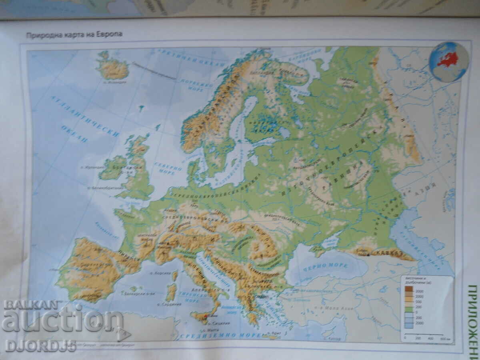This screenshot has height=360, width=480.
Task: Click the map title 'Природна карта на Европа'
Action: pos(74,34)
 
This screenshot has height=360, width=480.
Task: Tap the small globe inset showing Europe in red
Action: pos(448,62)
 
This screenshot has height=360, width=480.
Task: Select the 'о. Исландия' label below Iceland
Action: pos(115,82)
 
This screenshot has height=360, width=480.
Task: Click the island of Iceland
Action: pos(112,68)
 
